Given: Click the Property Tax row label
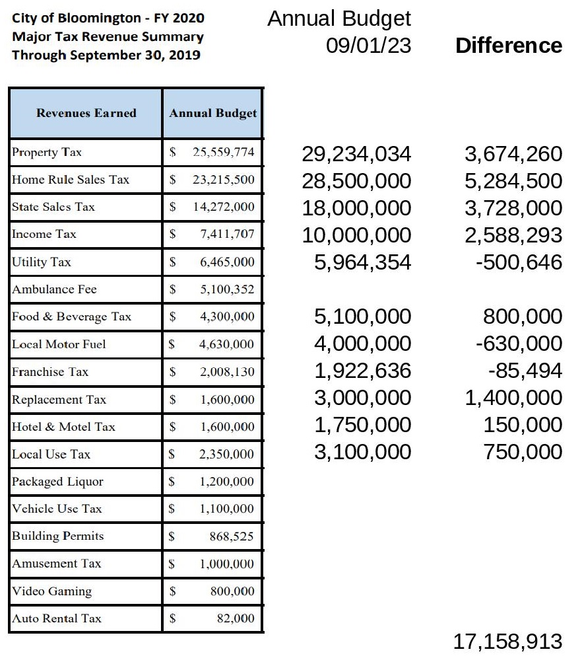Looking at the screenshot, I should pyautogui.click(x=47, y=153).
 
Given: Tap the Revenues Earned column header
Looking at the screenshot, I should pyautogui.click(x=86, y=113).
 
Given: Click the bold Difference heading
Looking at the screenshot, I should pyautogui.click(x=509, y=46).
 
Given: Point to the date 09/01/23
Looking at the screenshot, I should pyautogui.click(x=368, y=46).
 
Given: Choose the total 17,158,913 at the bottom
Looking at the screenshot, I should pyautogui.click(x=507, y=640).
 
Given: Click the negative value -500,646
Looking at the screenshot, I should pyautogui.click(x=519, y=262).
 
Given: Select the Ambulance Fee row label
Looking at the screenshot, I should pyautogui.click(x=54, y=289).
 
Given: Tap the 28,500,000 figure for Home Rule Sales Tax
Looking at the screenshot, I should pyautogui.click(x=356, y=181).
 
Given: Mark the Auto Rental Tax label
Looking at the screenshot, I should pyautogui.click(x=57, y=618).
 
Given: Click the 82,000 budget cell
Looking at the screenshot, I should pyautogui.click(x=236, y=618).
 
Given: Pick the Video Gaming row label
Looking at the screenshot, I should pyautogui.click(x=51, y=591).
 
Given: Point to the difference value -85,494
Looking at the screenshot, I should pyautogui.click(x=525, y=371).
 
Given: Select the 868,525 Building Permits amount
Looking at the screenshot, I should pyautogui.click(x=232, y=536).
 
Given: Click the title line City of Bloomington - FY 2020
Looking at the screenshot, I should pyautogui.click(x=108, y=18).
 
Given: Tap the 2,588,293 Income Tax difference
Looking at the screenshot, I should pyautogui.click(x=513, y=235).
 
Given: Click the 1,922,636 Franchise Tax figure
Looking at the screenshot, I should pyautogui.click(x=362, y=371).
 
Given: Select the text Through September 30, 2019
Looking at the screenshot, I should pyautogui.click(x=106, y=55).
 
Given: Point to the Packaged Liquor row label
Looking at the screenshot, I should pyautogui.click(x=57, y=482).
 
